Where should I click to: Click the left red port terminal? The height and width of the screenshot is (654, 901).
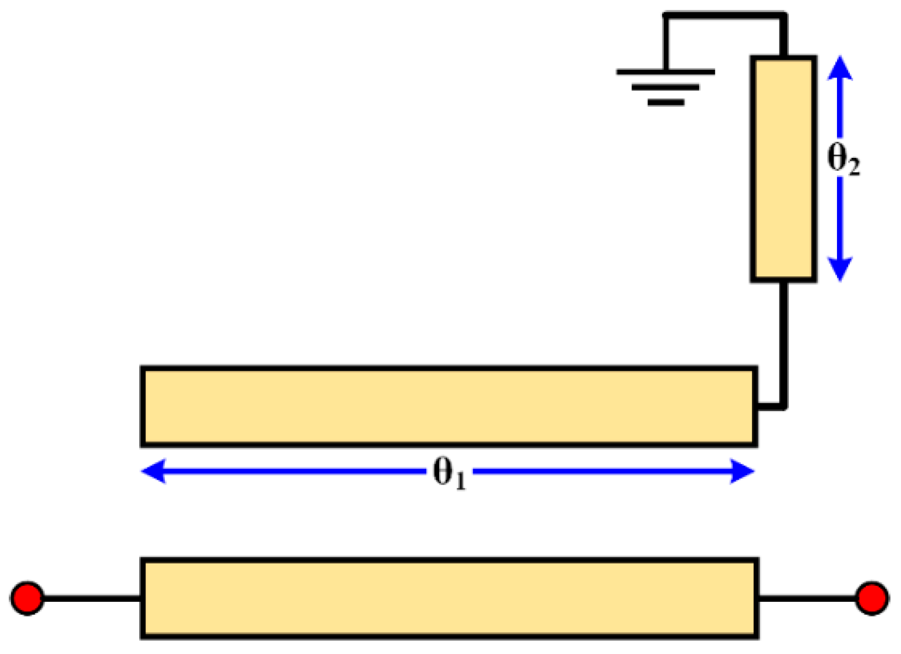point(27,598)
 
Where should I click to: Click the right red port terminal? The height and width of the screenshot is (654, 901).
point(872,598)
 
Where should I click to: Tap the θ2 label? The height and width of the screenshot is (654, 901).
point(843,160)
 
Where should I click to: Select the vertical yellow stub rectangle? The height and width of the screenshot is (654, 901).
point(784,169)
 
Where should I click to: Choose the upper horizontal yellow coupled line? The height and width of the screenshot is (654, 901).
point(449,406)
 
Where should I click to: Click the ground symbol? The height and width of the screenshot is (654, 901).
point(666,87)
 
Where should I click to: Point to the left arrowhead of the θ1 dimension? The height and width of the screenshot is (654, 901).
point(153,471)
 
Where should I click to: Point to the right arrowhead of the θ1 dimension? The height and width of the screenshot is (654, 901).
point(743,471)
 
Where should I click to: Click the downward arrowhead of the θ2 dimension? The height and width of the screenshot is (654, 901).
point(840,270)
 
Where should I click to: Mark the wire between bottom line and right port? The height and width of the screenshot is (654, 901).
point(807,598)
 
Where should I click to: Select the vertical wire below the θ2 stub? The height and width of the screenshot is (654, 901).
point(784,343)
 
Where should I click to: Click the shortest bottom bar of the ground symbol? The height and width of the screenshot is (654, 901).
point(666,103)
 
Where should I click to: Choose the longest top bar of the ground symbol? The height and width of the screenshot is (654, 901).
point(666,72)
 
